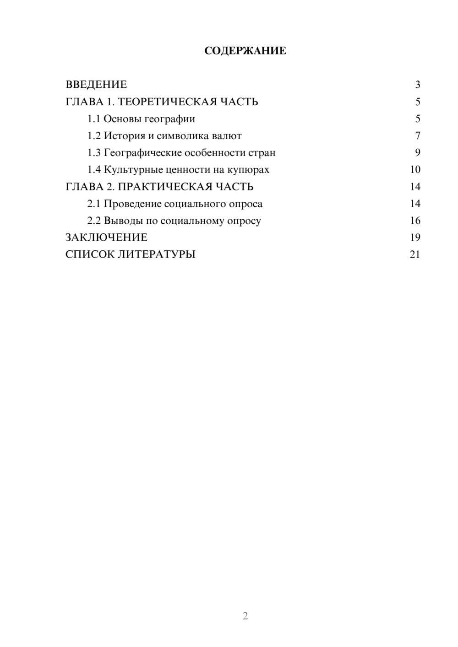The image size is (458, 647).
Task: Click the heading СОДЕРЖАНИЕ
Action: pos(245,51)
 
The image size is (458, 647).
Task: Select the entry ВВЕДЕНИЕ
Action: pos(96,85)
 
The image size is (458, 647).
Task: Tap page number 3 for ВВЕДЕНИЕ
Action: pos(417,85)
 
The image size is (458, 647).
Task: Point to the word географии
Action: pos(170,119)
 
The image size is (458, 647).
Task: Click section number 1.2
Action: pos(94,136)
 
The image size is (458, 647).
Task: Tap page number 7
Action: pos(417,136)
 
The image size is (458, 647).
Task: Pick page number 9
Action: pos(417,153)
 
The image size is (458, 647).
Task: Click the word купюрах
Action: pos(248,170)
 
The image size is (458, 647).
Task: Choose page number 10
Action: pos(415,170)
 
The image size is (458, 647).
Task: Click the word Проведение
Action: pos(132,204)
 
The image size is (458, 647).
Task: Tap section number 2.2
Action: pos(94,221)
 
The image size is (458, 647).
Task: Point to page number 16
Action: pos(415,221)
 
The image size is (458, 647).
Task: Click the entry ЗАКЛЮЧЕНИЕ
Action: pos(106,237)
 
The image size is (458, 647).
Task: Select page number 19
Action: pos(415,237)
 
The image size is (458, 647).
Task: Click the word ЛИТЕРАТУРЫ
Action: pos(157,254)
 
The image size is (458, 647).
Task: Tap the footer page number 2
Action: pos(245,616)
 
